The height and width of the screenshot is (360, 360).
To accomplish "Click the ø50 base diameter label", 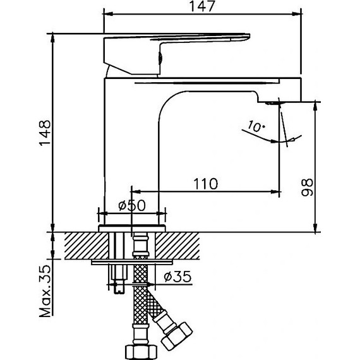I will point(132,205).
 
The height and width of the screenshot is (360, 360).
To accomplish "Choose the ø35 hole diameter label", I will point(175,276).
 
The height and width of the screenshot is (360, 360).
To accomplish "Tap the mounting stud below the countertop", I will point(117,278).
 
